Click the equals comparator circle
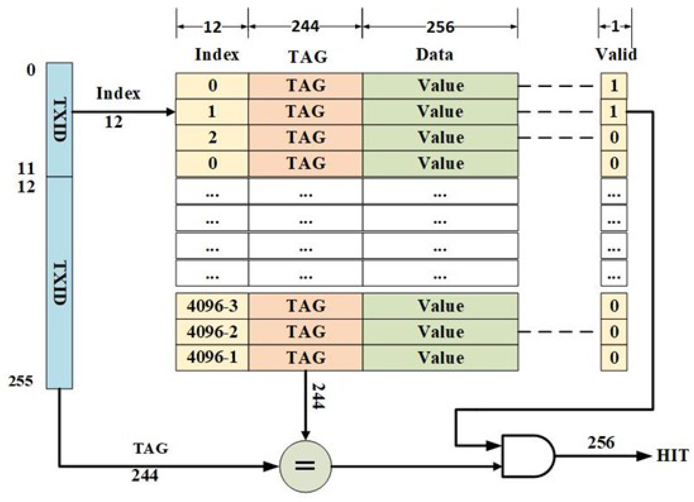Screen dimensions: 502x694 coord(306,466)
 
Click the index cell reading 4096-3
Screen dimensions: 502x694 coord(212,306)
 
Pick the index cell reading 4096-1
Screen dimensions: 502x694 coord(212,357)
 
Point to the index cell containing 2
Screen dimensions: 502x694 coord(212,137)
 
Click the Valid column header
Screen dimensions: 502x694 coord(616,54)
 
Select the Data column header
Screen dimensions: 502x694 coord(434,54)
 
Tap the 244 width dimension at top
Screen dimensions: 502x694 coord(305,27)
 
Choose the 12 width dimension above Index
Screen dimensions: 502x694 coord(212,27)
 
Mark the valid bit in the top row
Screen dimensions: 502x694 coord(614,86)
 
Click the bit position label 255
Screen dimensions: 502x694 coord(20,381)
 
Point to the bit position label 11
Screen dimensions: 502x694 coord(26,168)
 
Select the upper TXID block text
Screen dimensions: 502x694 coord(60,119)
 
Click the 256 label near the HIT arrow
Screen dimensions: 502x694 coord(600,442)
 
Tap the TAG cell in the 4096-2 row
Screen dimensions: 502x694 coord(306,332)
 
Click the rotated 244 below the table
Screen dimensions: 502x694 coord(317,396)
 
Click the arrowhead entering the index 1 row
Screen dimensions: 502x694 coord(170,112)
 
